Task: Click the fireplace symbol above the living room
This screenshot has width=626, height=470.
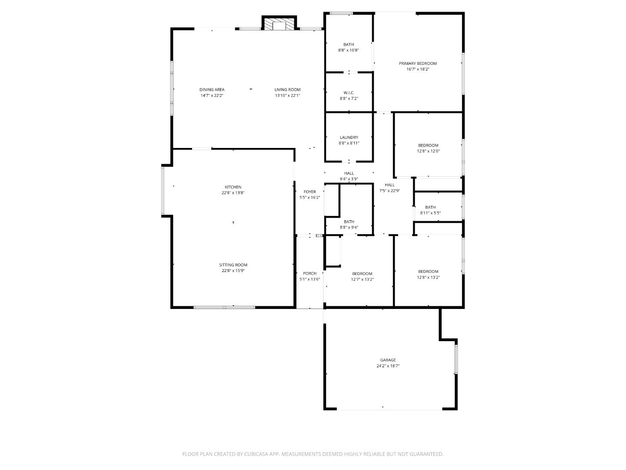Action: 279,25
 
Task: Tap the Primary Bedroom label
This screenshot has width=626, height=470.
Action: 418,64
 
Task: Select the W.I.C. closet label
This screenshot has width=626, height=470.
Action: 349,93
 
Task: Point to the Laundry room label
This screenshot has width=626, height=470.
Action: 349,138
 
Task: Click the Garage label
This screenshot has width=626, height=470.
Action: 388,360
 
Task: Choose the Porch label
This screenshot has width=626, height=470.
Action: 310,273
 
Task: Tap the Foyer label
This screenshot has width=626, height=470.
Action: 310,192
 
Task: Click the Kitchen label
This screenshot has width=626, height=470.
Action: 233,187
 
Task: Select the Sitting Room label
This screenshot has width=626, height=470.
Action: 233,265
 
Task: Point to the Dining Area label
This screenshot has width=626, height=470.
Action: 212,90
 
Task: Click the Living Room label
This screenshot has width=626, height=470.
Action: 287,90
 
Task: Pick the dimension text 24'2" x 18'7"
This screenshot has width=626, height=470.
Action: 388,366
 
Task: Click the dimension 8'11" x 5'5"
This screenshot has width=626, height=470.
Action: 430,213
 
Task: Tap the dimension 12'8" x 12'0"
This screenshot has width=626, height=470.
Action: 428,151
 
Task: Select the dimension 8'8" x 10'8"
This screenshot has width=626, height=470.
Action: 349,50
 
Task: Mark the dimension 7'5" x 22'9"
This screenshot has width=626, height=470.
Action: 390,191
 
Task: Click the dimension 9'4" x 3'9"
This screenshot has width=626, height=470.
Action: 349,179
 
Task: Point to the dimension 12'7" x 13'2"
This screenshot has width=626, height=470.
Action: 362,279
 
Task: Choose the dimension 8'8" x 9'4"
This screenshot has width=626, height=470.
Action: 349,228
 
